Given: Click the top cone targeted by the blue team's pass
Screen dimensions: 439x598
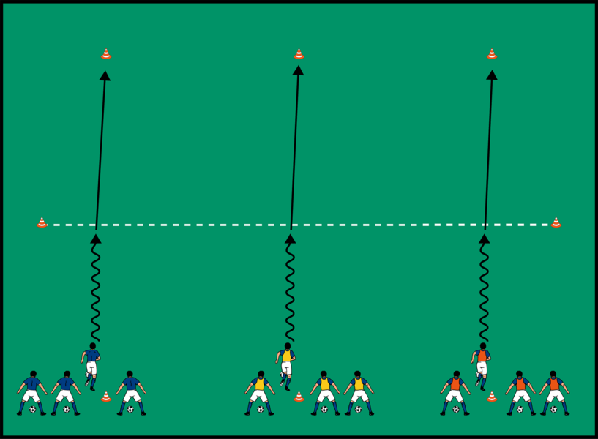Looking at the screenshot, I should click(106, 54).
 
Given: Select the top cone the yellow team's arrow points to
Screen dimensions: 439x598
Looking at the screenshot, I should click(299, 54).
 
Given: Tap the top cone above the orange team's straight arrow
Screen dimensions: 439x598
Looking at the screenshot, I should click(492, 54).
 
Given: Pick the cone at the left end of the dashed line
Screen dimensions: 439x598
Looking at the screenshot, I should click(42, 222).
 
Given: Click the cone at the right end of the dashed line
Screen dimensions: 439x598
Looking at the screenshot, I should click(556, 222).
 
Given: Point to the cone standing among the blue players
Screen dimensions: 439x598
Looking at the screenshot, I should click(106, 397).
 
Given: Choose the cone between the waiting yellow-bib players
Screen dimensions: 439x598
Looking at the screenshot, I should click(299, 397).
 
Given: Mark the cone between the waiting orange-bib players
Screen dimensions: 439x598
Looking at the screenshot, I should click(492, 397).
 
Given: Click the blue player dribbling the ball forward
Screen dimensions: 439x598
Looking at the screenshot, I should click(91, 364).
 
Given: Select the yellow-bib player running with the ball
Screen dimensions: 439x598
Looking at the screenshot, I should click(286, 364).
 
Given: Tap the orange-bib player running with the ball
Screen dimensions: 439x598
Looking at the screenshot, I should click(481, 364).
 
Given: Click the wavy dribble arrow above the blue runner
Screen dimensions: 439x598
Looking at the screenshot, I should click(95, 289).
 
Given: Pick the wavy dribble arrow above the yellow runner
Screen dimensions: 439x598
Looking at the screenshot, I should click(290, 289).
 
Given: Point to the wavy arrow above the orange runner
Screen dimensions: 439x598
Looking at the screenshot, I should click(484, 289).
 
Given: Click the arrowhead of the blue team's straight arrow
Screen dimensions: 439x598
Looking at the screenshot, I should click(105, 75).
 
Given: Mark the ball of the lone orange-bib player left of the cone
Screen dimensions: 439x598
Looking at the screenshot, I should click(456, 410).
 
